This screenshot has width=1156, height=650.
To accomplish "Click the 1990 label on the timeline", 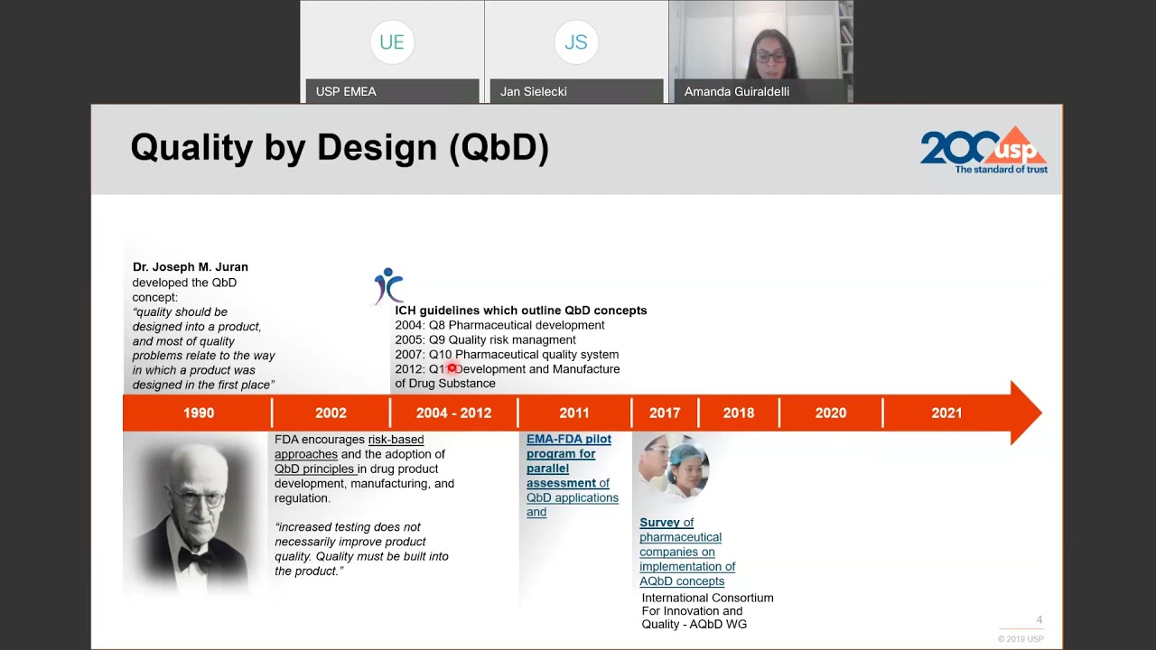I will click(x=199, y=413).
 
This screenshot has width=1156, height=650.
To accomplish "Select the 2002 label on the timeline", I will click(x=331, y=413).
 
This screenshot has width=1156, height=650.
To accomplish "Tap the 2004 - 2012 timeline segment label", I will click(x=453, y=413).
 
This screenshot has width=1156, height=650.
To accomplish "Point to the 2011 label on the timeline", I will click(x=574, y=413).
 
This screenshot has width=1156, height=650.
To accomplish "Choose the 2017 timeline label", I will click(x=665, y=413).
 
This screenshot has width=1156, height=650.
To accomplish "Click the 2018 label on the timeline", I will click(x=739, y=413).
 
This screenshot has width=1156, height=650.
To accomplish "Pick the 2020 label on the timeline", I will click(x=831, y=413).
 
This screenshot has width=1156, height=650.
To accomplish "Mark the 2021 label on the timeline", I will click(x=946, y=413).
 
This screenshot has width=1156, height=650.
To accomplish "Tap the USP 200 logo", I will click(x=983, y=150).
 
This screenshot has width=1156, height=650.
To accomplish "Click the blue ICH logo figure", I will click(x=388, y=285).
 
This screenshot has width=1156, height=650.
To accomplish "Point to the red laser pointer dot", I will click(x=452, y=368).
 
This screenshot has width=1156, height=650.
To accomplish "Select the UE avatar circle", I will click(x=392, y=42).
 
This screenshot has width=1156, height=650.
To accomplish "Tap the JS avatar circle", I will click(x=576, y=42).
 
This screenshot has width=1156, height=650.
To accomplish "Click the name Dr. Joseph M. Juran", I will click(x=191, y=267).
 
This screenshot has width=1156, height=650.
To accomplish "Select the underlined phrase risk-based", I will click(x=396, y=440).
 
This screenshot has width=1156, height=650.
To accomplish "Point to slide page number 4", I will click(x=1039, y=620).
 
